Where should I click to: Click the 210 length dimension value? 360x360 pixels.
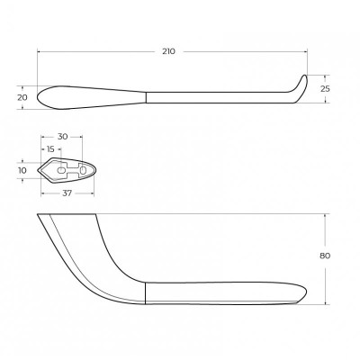click(168, 51)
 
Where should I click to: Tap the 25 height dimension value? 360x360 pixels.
click(325, 89)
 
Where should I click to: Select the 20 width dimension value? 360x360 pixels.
click(22, 97)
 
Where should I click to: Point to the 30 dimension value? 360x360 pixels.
click(62, 137)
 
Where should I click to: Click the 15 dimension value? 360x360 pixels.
click(50, 148)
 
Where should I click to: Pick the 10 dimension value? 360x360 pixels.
click(22, 170)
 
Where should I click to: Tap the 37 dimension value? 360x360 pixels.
click(67, 193)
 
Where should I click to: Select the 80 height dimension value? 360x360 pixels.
click(325, 256)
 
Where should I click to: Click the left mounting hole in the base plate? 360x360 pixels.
click(61, 170)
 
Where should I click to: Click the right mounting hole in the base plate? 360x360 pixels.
click(83, 170)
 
